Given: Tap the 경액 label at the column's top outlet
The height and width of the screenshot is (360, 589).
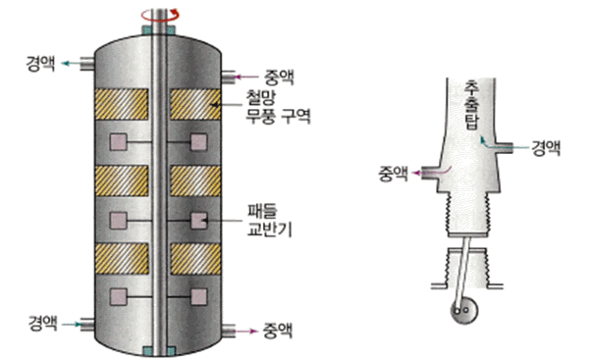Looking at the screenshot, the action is pos(40,63).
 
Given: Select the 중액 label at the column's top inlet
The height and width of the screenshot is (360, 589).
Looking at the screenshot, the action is pos(279,77).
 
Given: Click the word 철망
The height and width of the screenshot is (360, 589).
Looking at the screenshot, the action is pos(261,97).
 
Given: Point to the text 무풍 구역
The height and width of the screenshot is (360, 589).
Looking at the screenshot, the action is pos(278,116).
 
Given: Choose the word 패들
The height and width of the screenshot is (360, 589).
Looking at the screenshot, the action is pos(262,211).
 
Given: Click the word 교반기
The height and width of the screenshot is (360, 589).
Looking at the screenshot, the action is pos(269,229).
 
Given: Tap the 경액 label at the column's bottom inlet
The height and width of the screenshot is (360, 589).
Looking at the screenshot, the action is pos(43,323).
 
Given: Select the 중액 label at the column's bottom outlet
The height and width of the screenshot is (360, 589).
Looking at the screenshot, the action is pos(278,332).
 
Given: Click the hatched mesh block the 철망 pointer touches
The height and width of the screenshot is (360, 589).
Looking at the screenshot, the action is pos(195,104).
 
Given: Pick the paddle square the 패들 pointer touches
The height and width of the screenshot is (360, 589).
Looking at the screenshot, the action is pos(198,221).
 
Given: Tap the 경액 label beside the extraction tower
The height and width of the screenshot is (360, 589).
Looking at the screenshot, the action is pos(546,148).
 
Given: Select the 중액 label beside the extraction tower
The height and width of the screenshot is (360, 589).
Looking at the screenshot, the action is pos(393,174).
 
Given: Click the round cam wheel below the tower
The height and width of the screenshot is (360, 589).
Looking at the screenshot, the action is pos(464,310).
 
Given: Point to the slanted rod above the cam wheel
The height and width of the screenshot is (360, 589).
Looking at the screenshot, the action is pos(461,270).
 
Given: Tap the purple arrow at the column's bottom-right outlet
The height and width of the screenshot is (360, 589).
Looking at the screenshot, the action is pos(246,332).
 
